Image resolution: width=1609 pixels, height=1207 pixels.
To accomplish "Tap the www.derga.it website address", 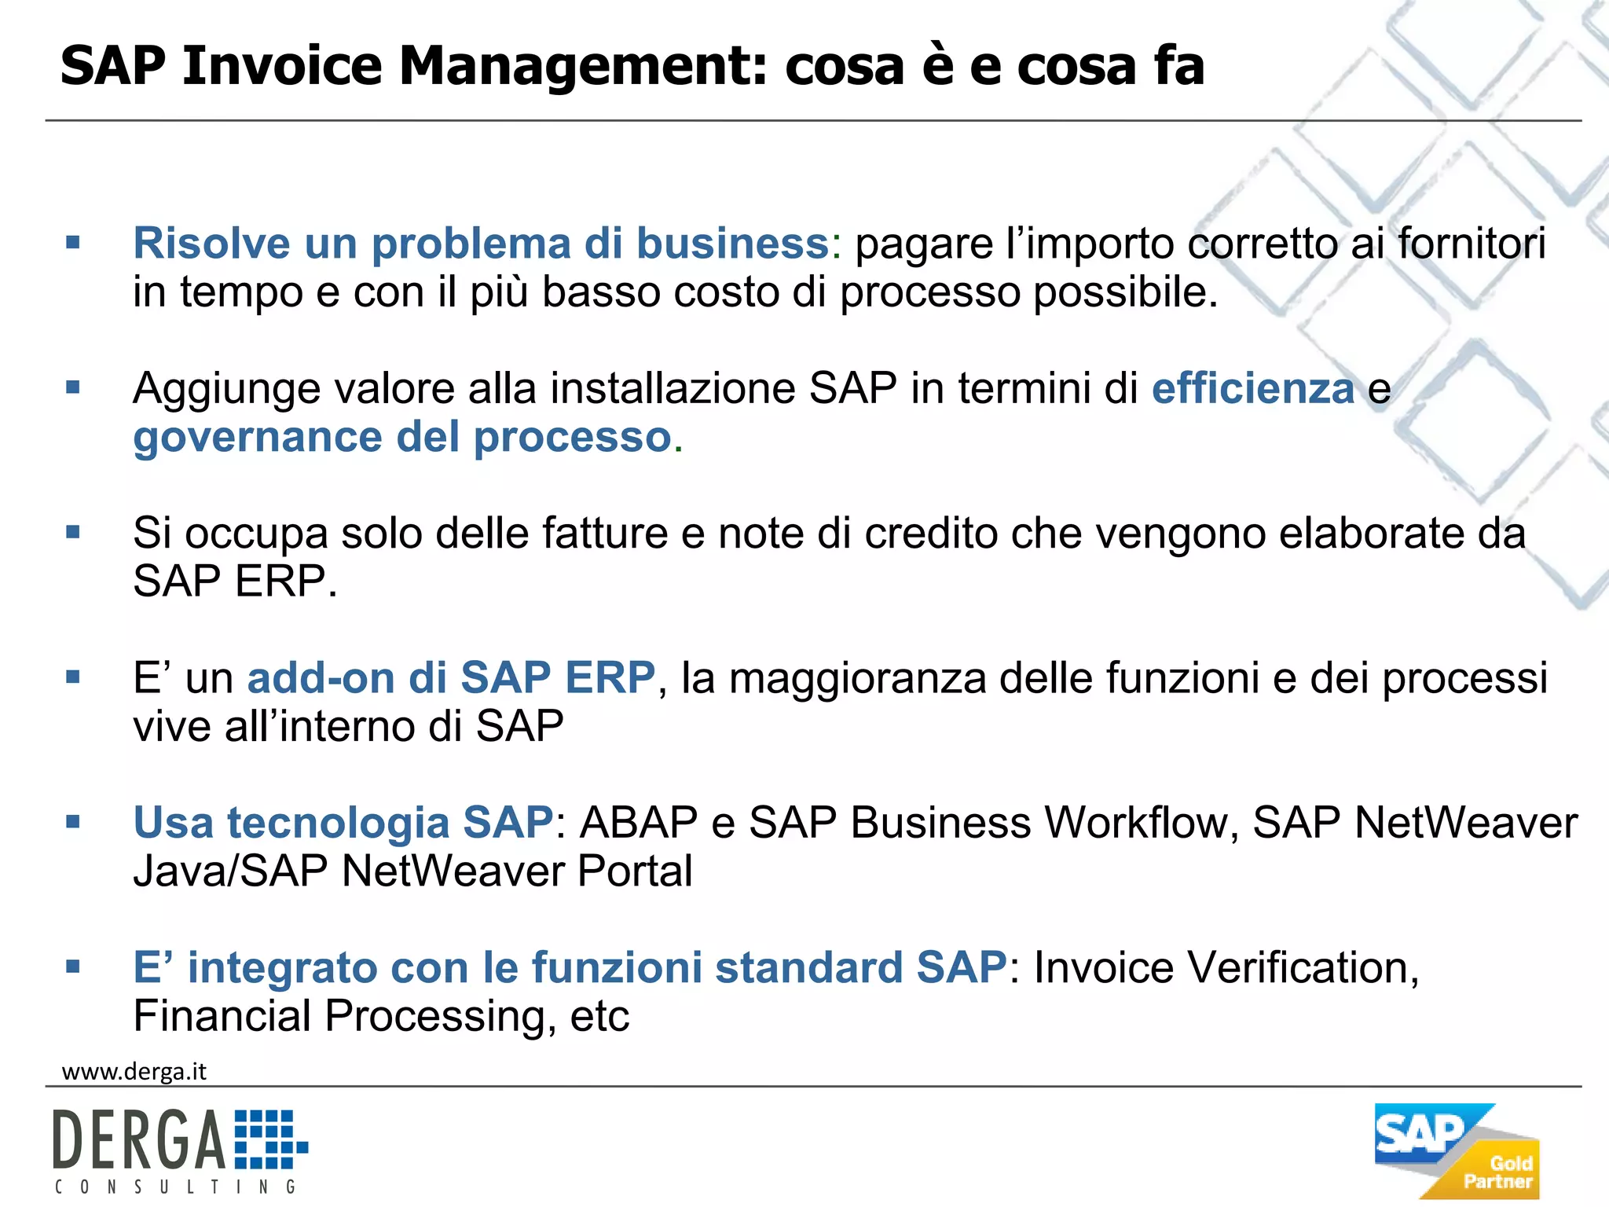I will (134, 1072).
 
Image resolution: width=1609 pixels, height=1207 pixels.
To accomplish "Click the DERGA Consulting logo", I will (180, 1150).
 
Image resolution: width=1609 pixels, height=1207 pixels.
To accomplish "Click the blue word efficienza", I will (1253, 388).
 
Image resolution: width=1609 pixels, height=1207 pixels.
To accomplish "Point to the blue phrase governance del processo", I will (402, 437).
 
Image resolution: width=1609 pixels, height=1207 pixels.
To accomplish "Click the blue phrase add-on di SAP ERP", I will (451, 677).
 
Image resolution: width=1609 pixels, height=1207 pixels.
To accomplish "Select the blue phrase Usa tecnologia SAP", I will (343, 823).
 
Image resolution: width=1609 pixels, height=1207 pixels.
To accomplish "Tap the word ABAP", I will (639, 823).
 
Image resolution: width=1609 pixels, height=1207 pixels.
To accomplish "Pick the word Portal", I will (635, 871).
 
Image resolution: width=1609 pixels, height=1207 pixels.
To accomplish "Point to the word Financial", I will (222, 1015).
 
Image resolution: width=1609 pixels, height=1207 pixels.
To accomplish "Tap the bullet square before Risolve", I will (73, 243).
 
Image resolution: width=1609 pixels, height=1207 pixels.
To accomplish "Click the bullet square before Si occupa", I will (73, 533).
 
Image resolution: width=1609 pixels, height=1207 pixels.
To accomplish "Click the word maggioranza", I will (857, 677).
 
